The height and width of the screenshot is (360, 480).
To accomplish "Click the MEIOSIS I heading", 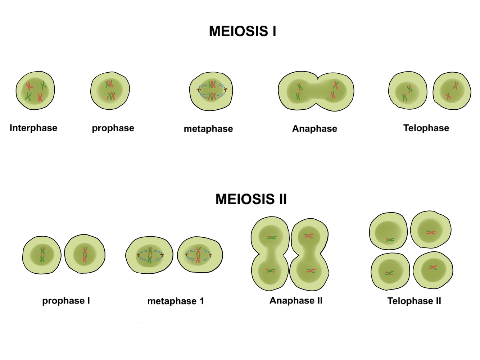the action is pyautogui.click(x=242, y=31).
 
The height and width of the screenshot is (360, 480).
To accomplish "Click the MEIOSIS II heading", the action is pyautogui.click(x=251, y=199).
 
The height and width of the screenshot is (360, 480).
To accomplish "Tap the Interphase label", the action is pyautogui.click(x=33, y=128).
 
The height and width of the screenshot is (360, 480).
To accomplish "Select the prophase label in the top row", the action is pyautogui.click(x=113, y=128).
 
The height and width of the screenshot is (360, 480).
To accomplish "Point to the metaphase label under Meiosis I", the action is pyautogui.click(x=208, y=129).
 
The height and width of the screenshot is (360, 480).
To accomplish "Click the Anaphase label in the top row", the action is pyautogui.click(x=314, y=128).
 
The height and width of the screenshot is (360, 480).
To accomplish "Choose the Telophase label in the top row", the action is pyautogui.click(x=426, y=128).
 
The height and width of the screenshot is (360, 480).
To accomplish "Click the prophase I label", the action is pyautogui.click(x=66, y=301).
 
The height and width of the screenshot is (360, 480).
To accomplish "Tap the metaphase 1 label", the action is pyautogui.click(x=176, y=301).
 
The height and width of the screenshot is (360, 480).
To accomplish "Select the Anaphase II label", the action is pyautogui.click(x=296, y=300).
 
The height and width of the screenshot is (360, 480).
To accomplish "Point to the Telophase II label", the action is pyautogui.click(x=414, y=301).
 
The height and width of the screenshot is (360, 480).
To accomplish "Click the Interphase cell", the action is pyautogui.click(x=35, y=91).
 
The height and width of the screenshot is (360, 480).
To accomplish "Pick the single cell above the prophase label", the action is pyautogui.click(x=110, y=91).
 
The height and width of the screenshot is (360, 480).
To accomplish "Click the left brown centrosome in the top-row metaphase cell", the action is pyautogui.click(x=198, y=90).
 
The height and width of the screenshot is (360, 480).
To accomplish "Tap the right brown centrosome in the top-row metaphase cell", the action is pyautogui.click(x=226, y=90).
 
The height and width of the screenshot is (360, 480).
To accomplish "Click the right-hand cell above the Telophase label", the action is pyautogui.click(x=452, y=91).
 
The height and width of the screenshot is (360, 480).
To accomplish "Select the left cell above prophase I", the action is pyautogui.click(x=42, y=255).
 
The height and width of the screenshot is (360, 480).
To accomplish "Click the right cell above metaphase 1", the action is pyautogui.click(x=200, y=255).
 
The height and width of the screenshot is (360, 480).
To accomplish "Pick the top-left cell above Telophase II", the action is pyautogui.click(x=388, y=231).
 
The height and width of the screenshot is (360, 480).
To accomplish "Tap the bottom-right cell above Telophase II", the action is pyautogui.click(x=433, y=270).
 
